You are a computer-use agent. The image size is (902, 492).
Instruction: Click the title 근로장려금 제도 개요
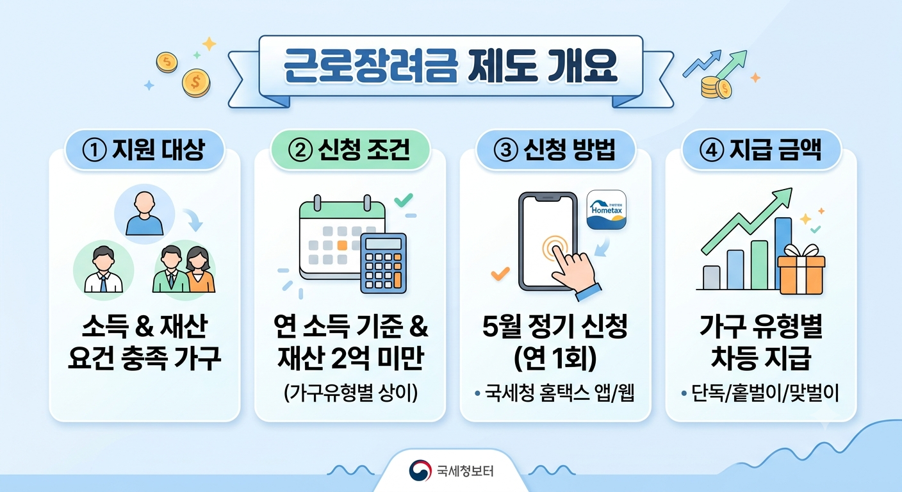(450, 67)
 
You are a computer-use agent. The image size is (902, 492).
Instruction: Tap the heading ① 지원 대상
(143, 150)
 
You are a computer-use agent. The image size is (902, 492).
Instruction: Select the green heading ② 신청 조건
(350, 150)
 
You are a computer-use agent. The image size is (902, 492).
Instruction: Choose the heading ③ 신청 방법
(555, 150)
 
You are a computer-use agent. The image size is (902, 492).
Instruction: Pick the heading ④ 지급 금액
(760, 150)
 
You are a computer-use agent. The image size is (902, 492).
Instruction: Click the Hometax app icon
(607, 209)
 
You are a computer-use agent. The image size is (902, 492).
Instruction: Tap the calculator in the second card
(383, 263)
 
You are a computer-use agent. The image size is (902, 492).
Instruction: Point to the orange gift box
(801, 269)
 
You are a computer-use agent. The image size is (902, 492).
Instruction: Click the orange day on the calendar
(342, 245)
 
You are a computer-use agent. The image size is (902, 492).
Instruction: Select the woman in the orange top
(199, 270)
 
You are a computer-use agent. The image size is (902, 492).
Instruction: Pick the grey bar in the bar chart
(711, 277)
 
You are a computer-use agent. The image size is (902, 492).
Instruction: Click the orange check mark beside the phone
(500, 274)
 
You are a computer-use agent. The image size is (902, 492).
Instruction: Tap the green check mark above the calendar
(403, 200)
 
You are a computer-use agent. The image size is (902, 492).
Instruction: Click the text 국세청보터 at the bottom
(465, 471)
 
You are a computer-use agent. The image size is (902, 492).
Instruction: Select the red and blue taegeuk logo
(420, 471)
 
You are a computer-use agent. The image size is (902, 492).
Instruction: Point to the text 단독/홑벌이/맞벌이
(765, 393)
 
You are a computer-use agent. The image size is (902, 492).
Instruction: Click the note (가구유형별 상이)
(350, 393)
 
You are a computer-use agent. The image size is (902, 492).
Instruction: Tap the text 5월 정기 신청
(555, 327)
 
